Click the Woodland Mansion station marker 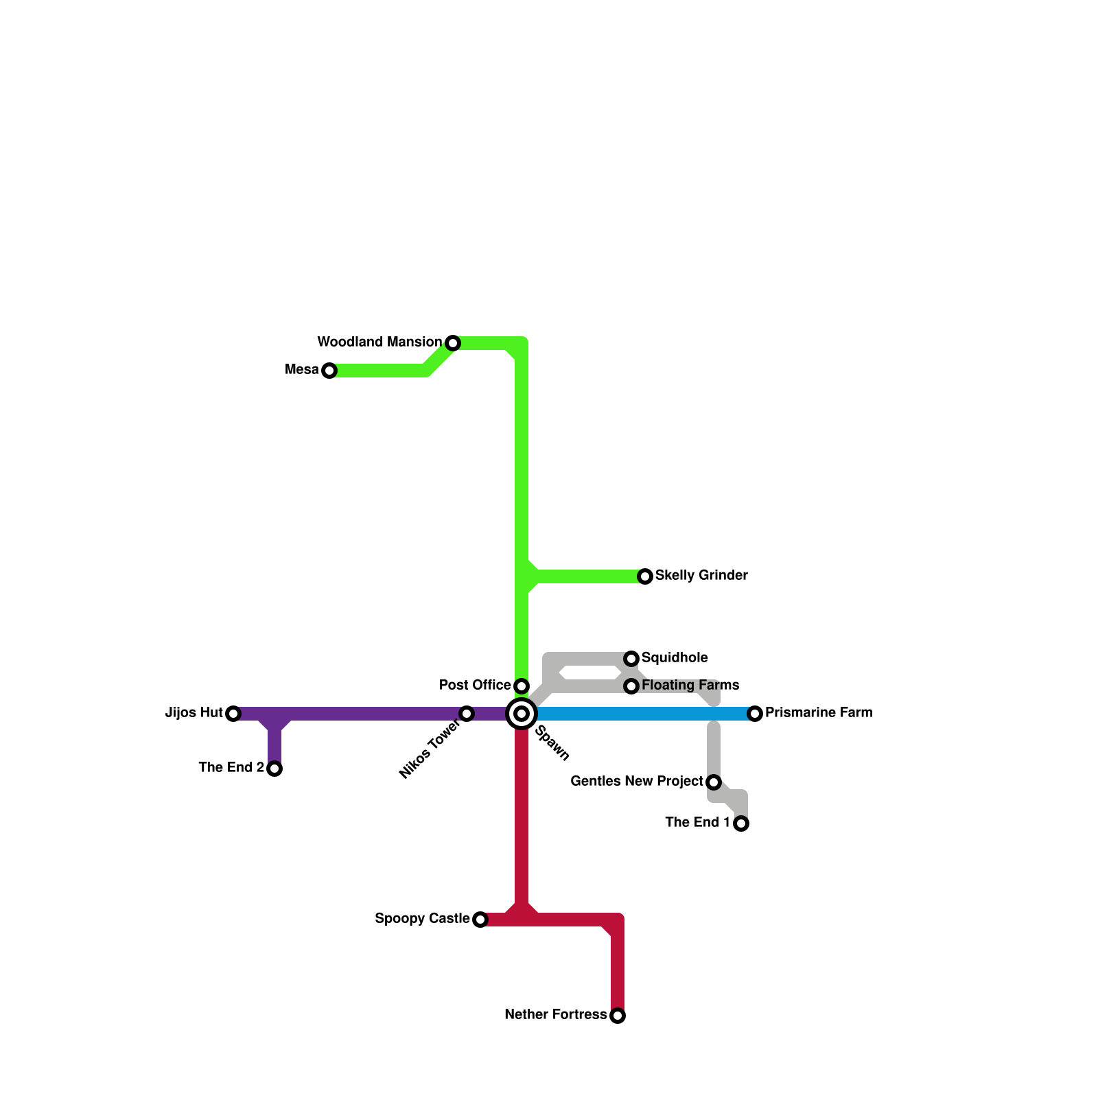point(453,343)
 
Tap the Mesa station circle point(329,371)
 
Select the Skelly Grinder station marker point(645,576)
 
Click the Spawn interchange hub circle point(522,714)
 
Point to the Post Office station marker point(522,686)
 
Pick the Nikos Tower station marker point(467,714)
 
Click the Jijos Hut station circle point(233,714)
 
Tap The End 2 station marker point(274,769)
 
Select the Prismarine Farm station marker point(755,714)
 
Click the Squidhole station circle point(631,659)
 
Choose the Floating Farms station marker point(631,686)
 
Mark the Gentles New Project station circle point(714,782)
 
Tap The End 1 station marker point(741,823)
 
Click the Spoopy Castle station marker point(480,920)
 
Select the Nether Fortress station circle point(618,1016)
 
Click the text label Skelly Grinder point(701,575)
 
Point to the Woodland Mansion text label point(379,342)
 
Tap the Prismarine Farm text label point(819,712)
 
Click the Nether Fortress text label point(555,1014)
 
